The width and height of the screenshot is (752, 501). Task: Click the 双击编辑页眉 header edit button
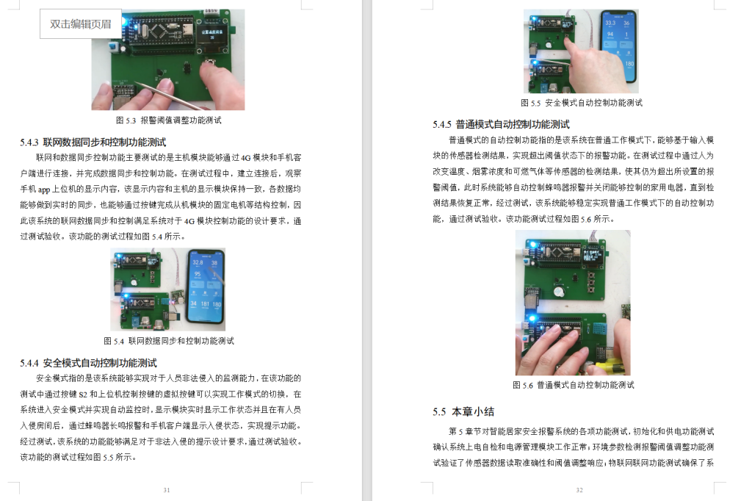(x=81, y=24)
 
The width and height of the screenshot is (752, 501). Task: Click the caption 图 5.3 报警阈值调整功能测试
(x=168, y=120)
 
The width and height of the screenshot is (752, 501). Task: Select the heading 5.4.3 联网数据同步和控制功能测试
(x=93, y=142)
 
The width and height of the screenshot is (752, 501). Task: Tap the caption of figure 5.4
(x=169, y=341)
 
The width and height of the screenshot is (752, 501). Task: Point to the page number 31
(x=167, y=490)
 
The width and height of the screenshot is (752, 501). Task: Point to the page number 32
(x=579, y=490)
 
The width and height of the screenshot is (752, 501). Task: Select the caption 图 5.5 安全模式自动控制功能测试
(x=582, y=103)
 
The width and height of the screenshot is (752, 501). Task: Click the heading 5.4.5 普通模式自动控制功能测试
(x=501, y=124)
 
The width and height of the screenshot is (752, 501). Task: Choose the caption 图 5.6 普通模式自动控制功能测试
(x=573, y=385)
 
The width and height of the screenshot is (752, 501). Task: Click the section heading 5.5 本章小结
(x=463, y=411)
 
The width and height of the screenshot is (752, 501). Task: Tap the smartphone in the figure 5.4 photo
(x=206, y=288)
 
